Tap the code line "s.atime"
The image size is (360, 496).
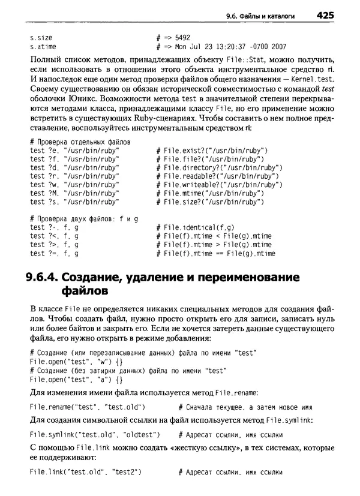[x=43, y=46]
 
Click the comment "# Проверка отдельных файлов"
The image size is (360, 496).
[x=75, y=142]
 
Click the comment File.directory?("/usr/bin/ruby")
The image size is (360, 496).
[x=218, y=167]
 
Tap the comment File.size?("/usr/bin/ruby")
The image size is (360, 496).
[x=208, y=202]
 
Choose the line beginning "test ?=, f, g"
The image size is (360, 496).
[x=54, y=254]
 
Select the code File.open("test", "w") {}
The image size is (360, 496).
[x=76, y=362]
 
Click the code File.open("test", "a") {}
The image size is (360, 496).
[x=76, y=380]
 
